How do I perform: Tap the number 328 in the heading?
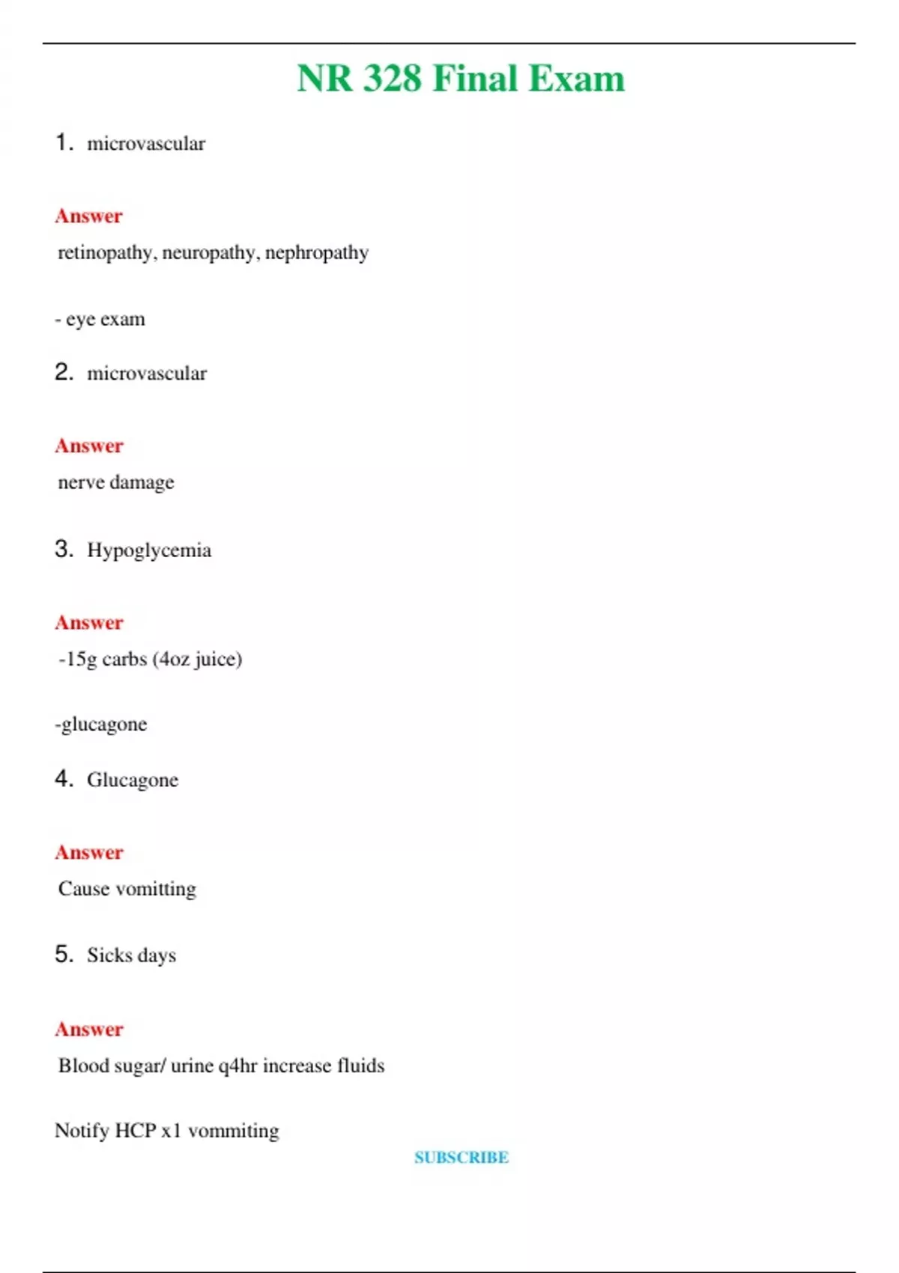(393, 79)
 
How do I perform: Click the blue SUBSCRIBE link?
(461, 1158)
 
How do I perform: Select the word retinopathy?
(107, 253)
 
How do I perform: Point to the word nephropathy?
(317, 253)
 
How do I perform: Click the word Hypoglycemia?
(149, 550)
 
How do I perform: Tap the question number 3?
(64, 549)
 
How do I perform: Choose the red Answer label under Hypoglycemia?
(88, 623)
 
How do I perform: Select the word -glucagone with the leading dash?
(101, 725)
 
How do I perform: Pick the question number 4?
(64, 779)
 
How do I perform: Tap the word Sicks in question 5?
(109, 955)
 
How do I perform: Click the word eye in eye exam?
(80, 320)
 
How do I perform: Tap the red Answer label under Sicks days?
(88, 1030)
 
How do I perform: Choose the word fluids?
(360, 1066)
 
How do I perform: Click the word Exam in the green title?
(576, 79)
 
